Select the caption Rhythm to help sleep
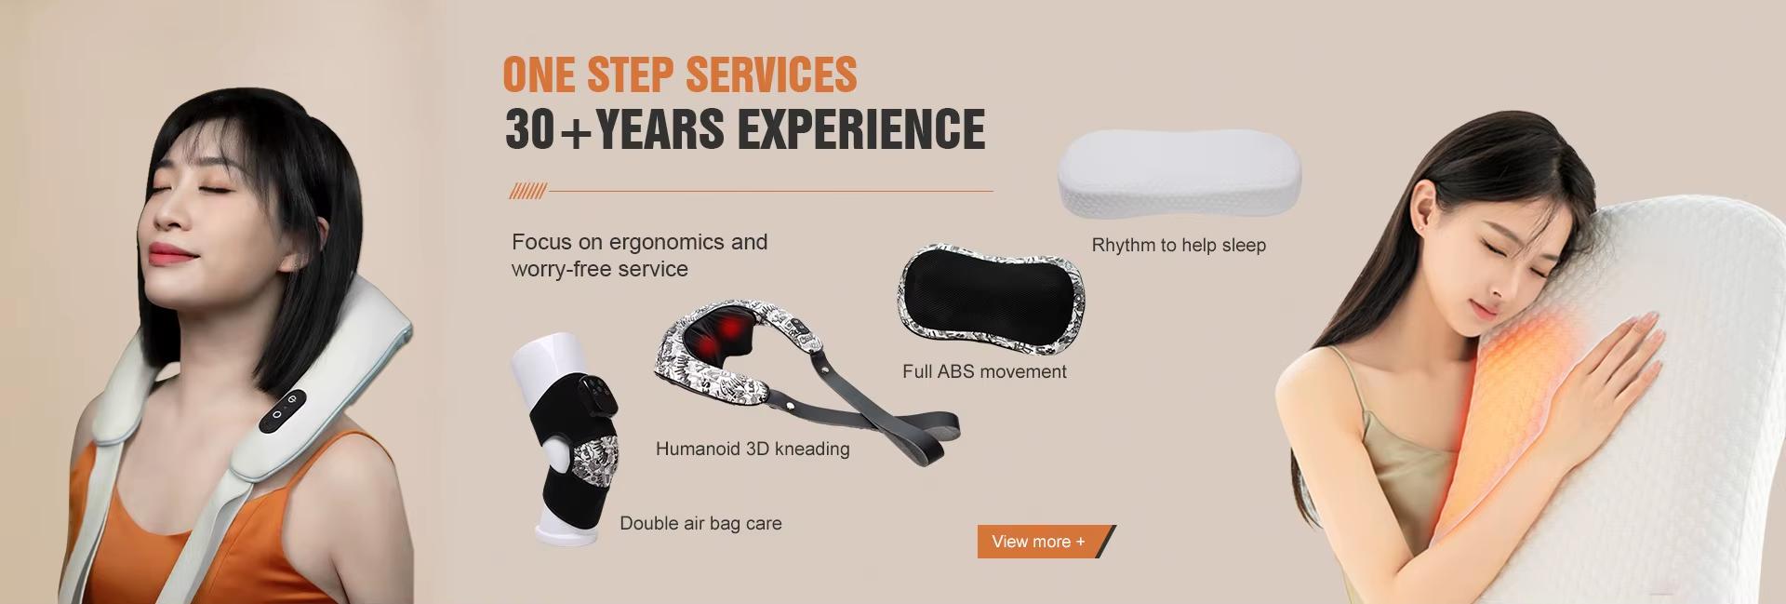(x=1179, y=246)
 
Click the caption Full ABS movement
(x=984, y=371)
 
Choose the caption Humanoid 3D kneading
(x=753, y=449)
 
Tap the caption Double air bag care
(x=700, y=523)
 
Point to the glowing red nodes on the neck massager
(x=726, y=336)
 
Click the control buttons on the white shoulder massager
(x=283, y=410)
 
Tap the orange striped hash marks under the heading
(x=527, y=192)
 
